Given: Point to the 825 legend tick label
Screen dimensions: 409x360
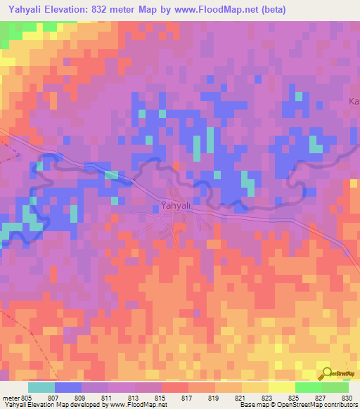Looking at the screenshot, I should [x=295, y=397].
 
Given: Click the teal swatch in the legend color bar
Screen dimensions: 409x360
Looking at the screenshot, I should [x=41, y=387].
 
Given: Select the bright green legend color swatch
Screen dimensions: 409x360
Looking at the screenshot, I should [x=308, y=387].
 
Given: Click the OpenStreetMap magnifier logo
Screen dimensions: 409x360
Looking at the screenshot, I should [x=326, y=375].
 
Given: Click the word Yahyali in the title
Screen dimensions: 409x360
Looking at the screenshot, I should [x=27, y=9].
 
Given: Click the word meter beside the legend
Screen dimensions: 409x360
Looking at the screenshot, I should [x=10, y=397].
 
